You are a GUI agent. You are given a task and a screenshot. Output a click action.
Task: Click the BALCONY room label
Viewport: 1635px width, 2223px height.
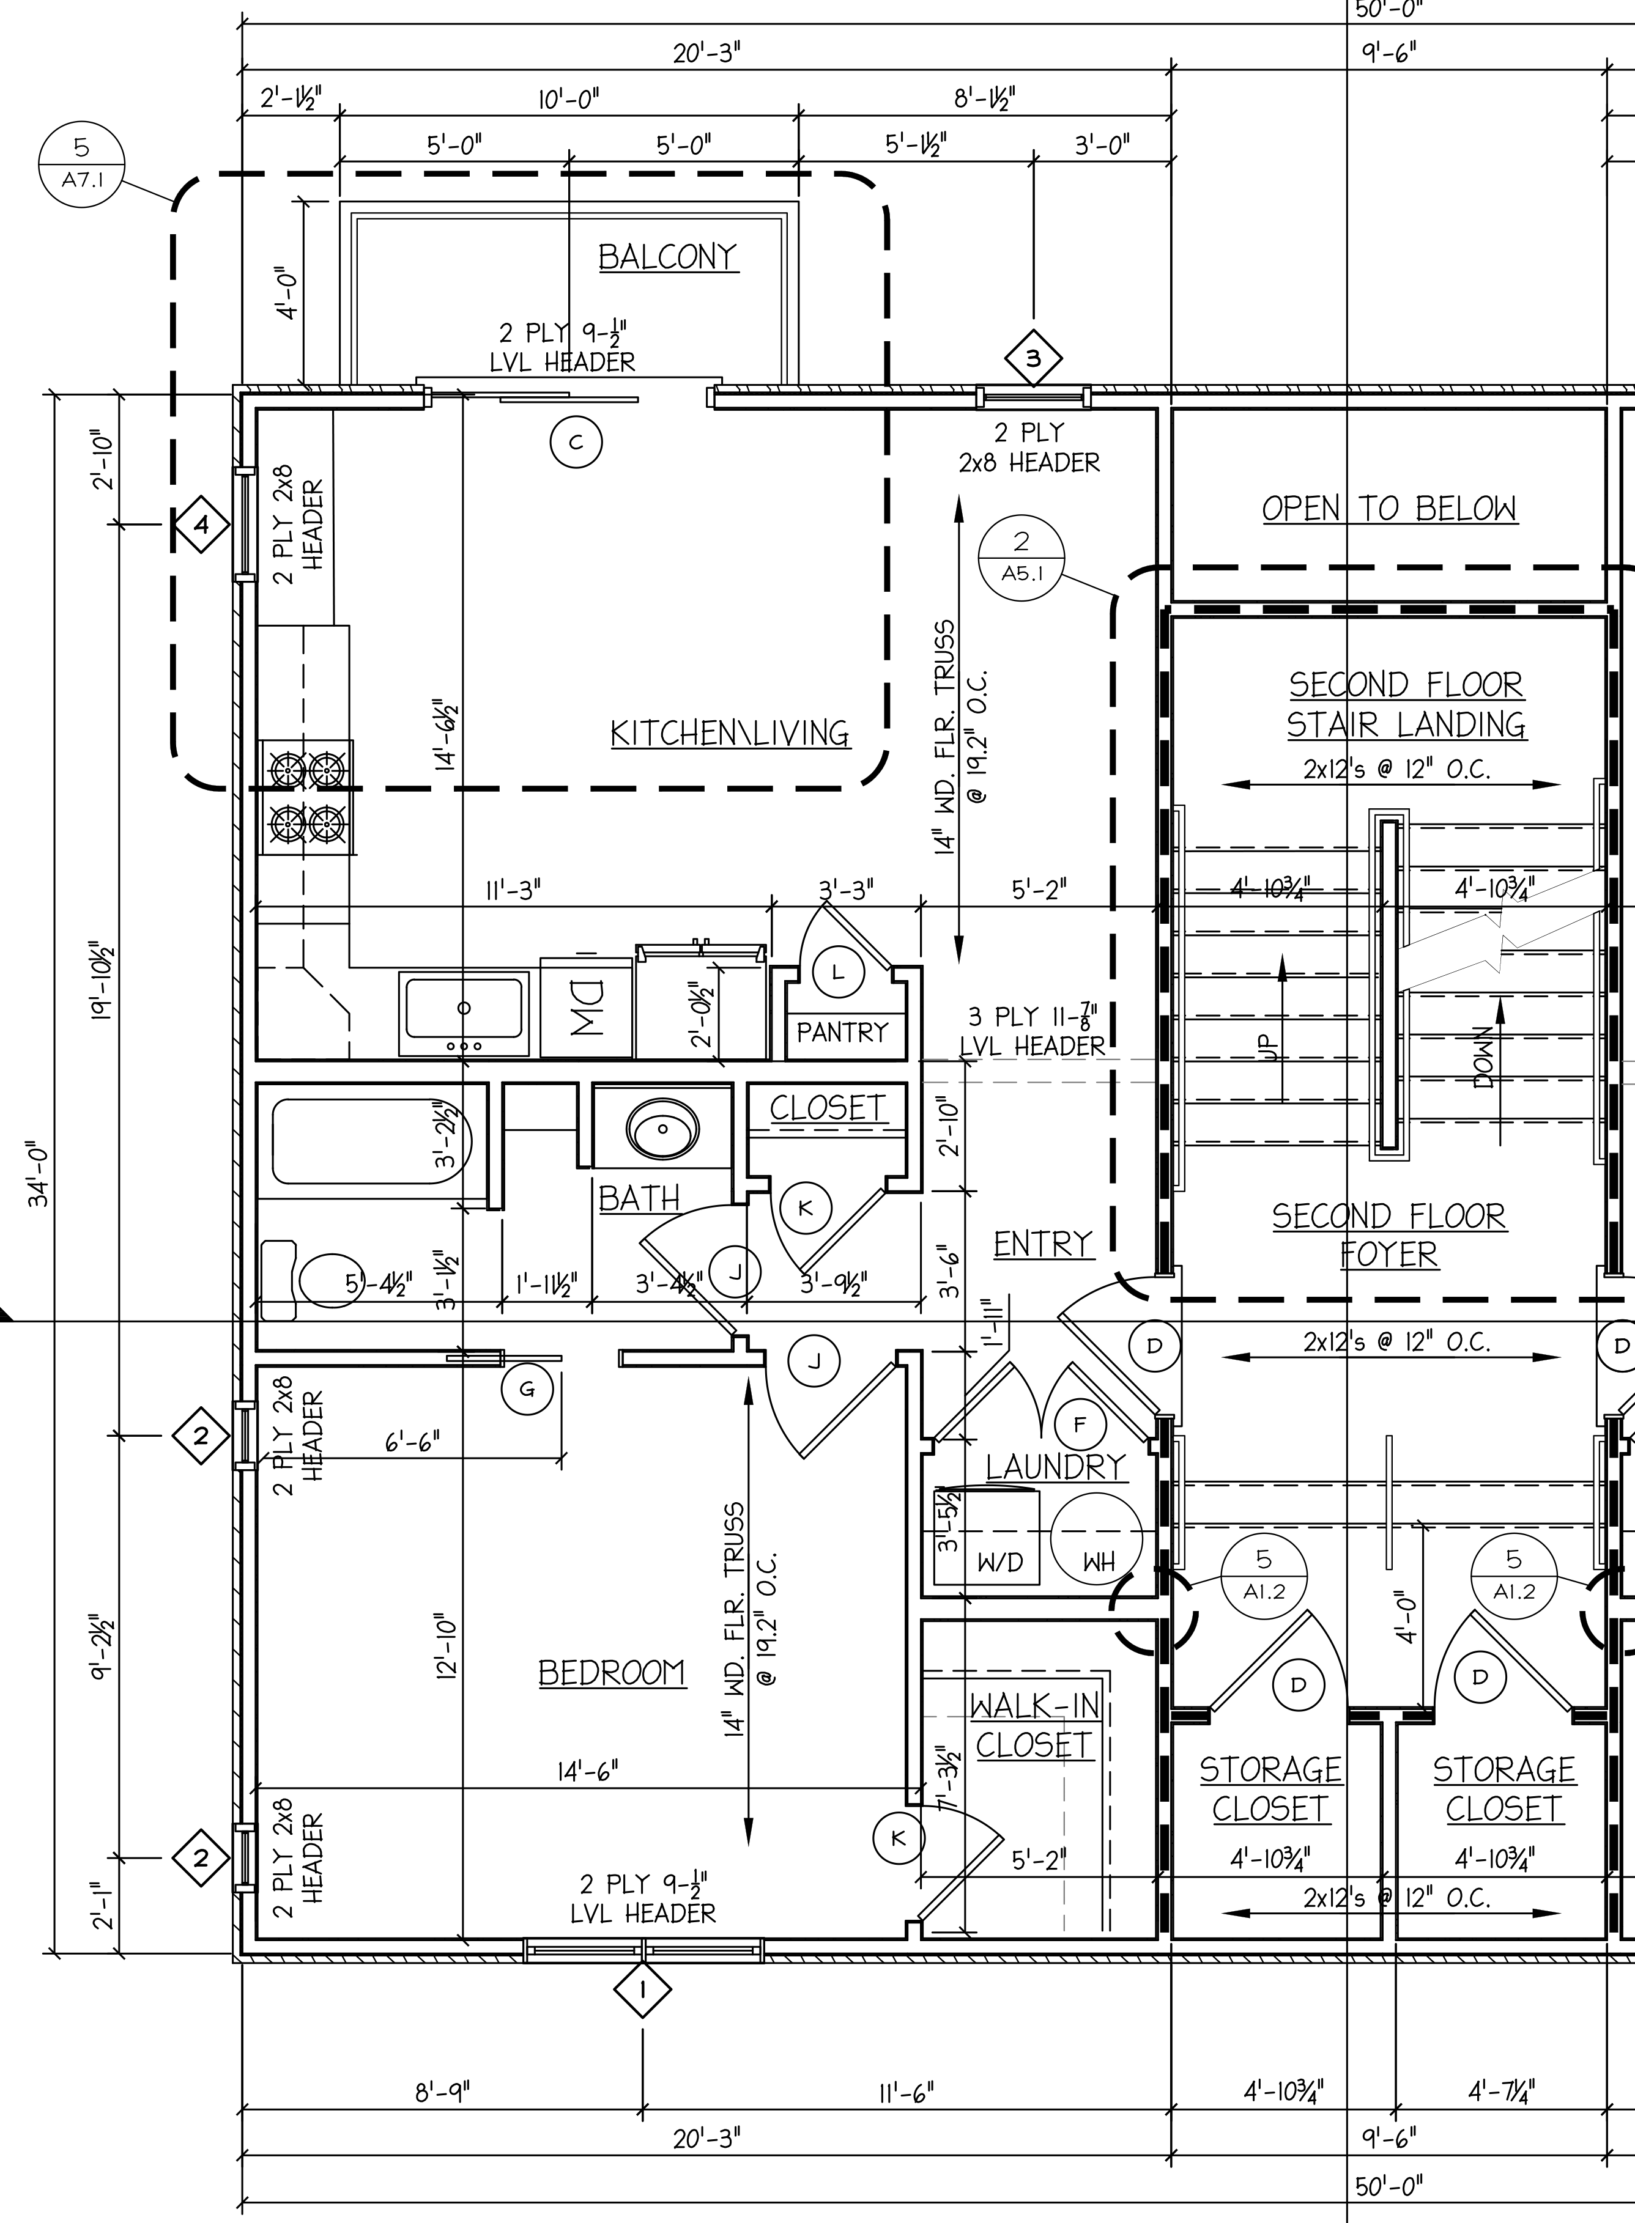(668, 257)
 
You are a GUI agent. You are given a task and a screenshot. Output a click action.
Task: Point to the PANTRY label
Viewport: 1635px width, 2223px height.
(842, 1032)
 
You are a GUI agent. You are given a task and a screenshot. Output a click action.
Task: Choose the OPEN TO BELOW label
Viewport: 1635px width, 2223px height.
(1388, 509)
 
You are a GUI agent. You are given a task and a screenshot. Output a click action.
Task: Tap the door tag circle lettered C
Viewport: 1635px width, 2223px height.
(576, 442)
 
